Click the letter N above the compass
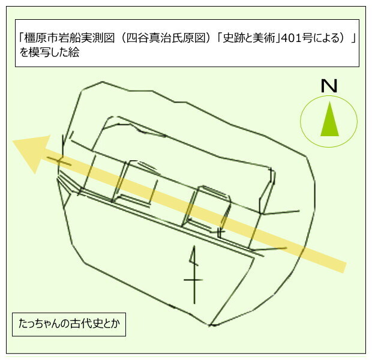[x=329, y=86]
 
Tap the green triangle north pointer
[x=329, y=119]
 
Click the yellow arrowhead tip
[x=13, y=141]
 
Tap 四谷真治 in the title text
[x=149, y=38]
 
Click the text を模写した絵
[x=49, y=52]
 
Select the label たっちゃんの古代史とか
[x=69, y=324]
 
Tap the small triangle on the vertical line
[x=194, y=258]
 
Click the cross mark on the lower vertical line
[x=194, y=280]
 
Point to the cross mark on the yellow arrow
[x=59, y=161]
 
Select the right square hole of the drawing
[x=206, y=208]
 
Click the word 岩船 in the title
[x=69, y=38]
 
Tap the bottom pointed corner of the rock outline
[x=210, y=325]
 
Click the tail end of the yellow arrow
[x=345, y=268]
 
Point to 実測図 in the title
[x=98, y=38]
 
